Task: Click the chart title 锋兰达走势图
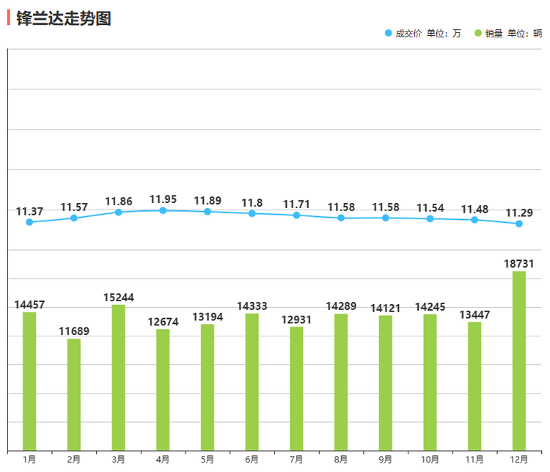pyautogui.click(x=63, y=18)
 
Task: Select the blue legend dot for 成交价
pyautogui.click(x=388, y=33)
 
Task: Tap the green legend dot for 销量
pyautogui.click(x=477, y=33)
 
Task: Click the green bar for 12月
pyautogui.click(x=518, y=361)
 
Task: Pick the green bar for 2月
pyautogui.click(x=74, y=394)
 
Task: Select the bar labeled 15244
pyautogui.click(x=118, y=377)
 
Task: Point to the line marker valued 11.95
pyautogui.click(x=163, y=210)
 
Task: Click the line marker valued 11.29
pyautogui.click(x=518, y=224)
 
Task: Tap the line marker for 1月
pyautogui.click(x=29, y=222)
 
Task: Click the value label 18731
pyautogui.click(x=518, y=263)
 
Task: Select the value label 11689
pyautogui.click(x=74, y=331)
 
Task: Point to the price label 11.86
pyautogui.click(x=118, y=201)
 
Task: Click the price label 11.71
pyautogui.click(x=296, y=204)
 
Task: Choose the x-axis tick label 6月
pyautogui.click(x=252, y=460)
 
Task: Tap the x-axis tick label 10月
pyautogui.click(x=430, y=460)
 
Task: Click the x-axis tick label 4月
pyautogui.click(x=163, y=460)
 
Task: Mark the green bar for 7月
pyautogui.click(x=296, y=388)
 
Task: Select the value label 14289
pyautogui.click(x=341, y=306)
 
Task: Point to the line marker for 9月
pyautogui.click(x=386, y=218)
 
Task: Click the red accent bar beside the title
pyautogui.click(x=9, y=18)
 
